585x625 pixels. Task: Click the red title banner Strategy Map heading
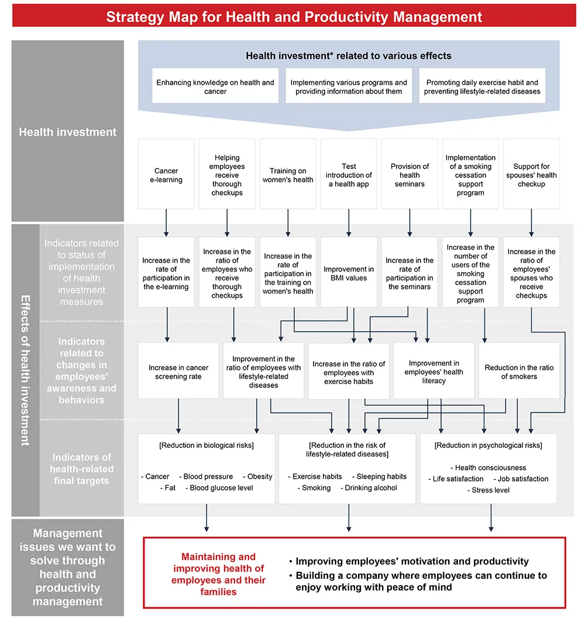(x=294, y=17)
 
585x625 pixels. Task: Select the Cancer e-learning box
(x=166, y=174)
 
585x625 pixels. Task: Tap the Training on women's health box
(x=288, y=174)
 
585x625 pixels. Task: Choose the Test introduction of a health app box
(x=349, y=174)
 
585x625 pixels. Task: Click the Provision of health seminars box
(x=409, y=174)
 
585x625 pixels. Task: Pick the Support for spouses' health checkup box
(x=531, y=174)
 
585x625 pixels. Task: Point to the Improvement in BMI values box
(x=349, y=273)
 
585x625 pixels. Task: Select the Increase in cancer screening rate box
(x=178, y=371)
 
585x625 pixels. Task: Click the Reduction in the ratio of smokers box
(x=519, y=371)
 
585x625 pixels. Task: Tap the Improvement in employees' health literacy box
(x=434, y=371)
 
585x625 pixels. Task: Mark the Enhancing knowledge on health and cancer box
(x=215, y=86)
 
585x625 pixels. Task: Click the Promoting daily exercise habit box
(x=482, y=86)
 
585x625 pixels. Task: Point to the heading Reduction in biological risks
(x=207, y=445)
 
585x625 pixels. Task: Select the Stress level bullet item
(x=488, y=490)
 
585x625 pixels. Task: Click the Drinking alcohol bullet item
(x=369, y=487)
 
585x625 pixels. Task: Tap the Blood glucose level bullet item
(x=219, y=487)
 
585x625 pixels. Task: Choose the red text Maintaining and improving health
(x=218, y=574)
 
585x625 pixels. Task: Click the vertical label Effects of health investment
(x=26, y=370)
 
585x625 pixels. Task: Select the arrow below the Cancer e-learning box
(x=166, y=223)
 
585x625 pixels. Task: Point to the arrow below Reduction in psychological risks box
(x=491, y=518)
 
